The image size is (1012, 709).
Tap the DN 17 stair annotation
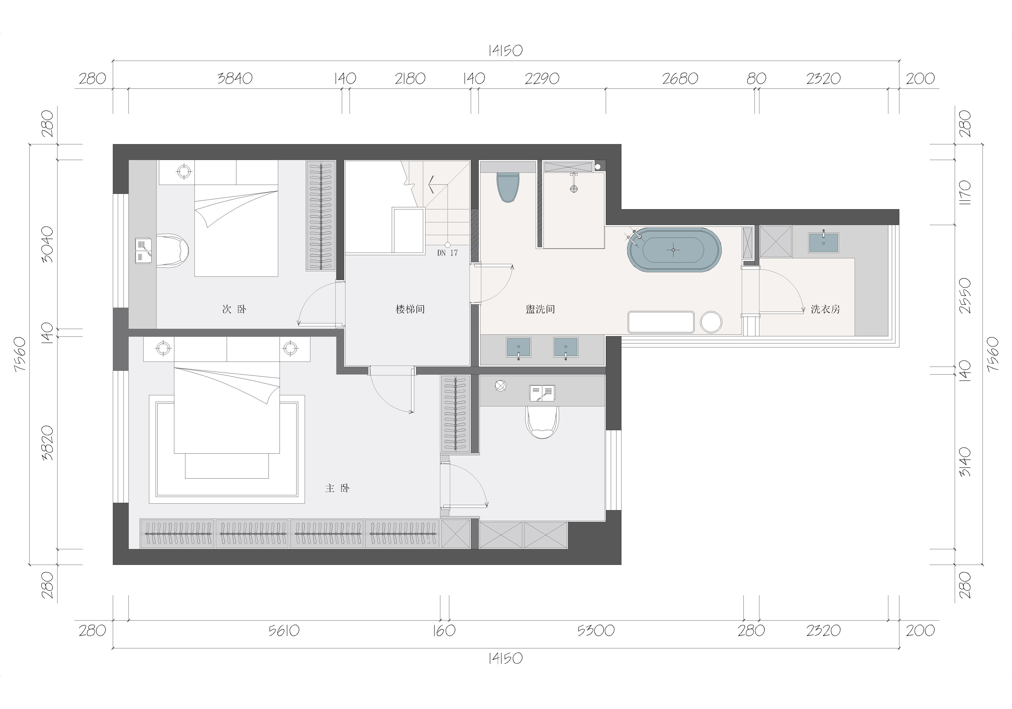[447, 253]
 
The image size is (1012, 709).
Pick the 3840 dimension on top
[235, 78]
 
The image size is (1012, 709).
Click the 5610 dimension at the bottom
[284, 631]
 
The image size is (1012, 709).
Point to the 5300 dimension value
[596, 631]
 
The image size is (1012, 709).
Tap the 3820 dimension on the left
[47, 443]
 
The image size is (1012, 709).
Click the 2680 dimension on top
[680, 78]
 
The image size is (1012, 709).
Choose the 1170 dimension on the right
[965, 192]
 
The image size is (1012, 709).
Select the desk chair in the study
[543, 422]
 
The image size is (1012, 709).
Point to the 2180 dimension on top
[410, 78]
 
